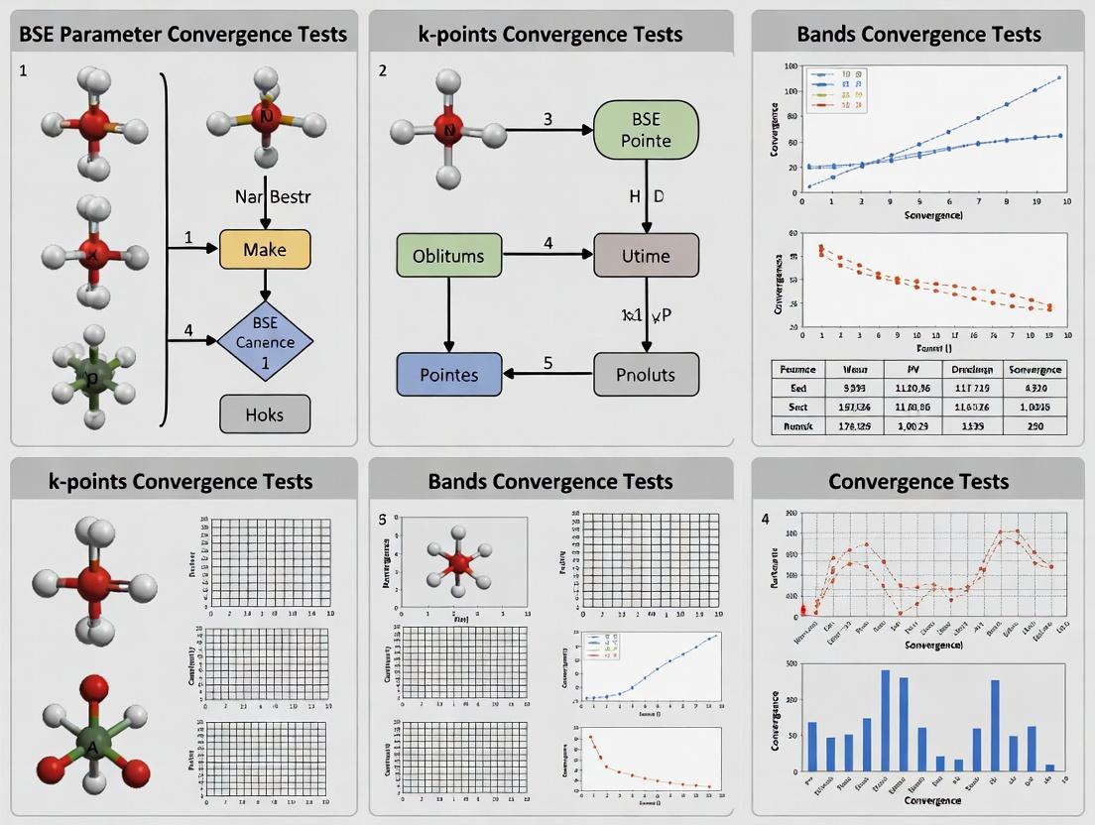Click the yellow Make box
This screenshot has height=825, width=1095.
coord(265,250)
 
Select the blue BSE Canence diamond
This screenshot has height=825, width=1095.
coord(265,342)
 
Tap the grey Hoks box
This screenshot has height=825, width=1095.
coord(265,414)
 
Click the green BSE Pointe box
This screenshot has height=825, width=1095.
coord(646,130)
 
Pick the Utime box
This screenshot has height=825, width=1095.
coord(646,256)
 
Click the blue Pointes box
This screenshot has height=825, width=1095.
coord(449,375)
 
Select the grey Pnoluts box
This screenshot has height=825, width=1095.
coord(646,375)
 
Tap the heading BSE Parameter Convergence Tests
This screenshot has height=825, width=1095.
coord(183,34)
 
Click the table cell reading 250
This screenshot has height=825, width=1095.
coord(1034,425)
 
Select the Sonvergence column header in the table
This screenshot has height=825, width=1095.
coord(1034,369)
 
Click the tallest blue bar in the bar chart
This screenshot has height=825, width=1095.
coord(886,721)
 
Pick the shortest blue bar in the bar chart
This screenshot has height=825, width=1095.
coord(1049,767)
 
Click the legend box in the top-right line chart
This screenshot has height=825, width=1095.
coord(838,89)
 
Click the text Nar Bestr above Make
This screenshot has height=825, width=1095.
coord(273,196)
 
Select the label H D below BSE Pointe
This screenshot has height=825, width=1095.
coord(646,196)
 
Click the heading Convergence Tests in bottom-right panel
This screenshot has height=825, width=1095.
coord(918,482)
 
